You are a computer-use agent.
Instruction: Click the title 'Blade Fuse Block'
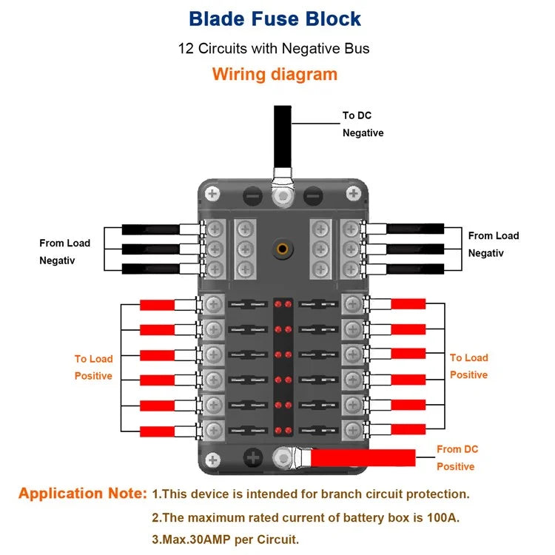275,18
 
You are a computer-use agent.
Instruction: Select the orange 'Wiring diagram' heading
275,74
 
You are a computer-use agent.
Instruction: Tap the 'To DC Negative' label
362,124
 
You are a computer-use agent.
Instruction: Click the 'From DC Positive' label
457,458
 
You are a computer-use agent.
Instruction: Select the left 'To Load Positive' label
93,367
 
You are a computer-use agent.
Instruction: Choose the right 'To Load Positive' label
468,366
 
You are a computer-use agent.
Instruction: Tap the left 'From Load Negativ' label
64,252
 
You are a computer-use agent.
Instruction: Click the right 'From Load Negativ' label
493,244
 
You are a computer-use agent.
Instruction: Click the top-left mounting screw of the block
213,195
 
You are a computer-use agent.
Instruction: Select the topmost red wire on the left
157,305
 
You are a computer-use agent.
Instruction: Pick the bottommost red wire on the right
408,429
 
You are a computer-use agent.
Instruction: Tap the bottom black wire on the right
415,269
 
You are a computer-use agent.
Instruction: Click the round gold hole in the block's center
282,249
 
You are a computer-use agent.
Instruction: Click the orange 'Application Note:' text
83,494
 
